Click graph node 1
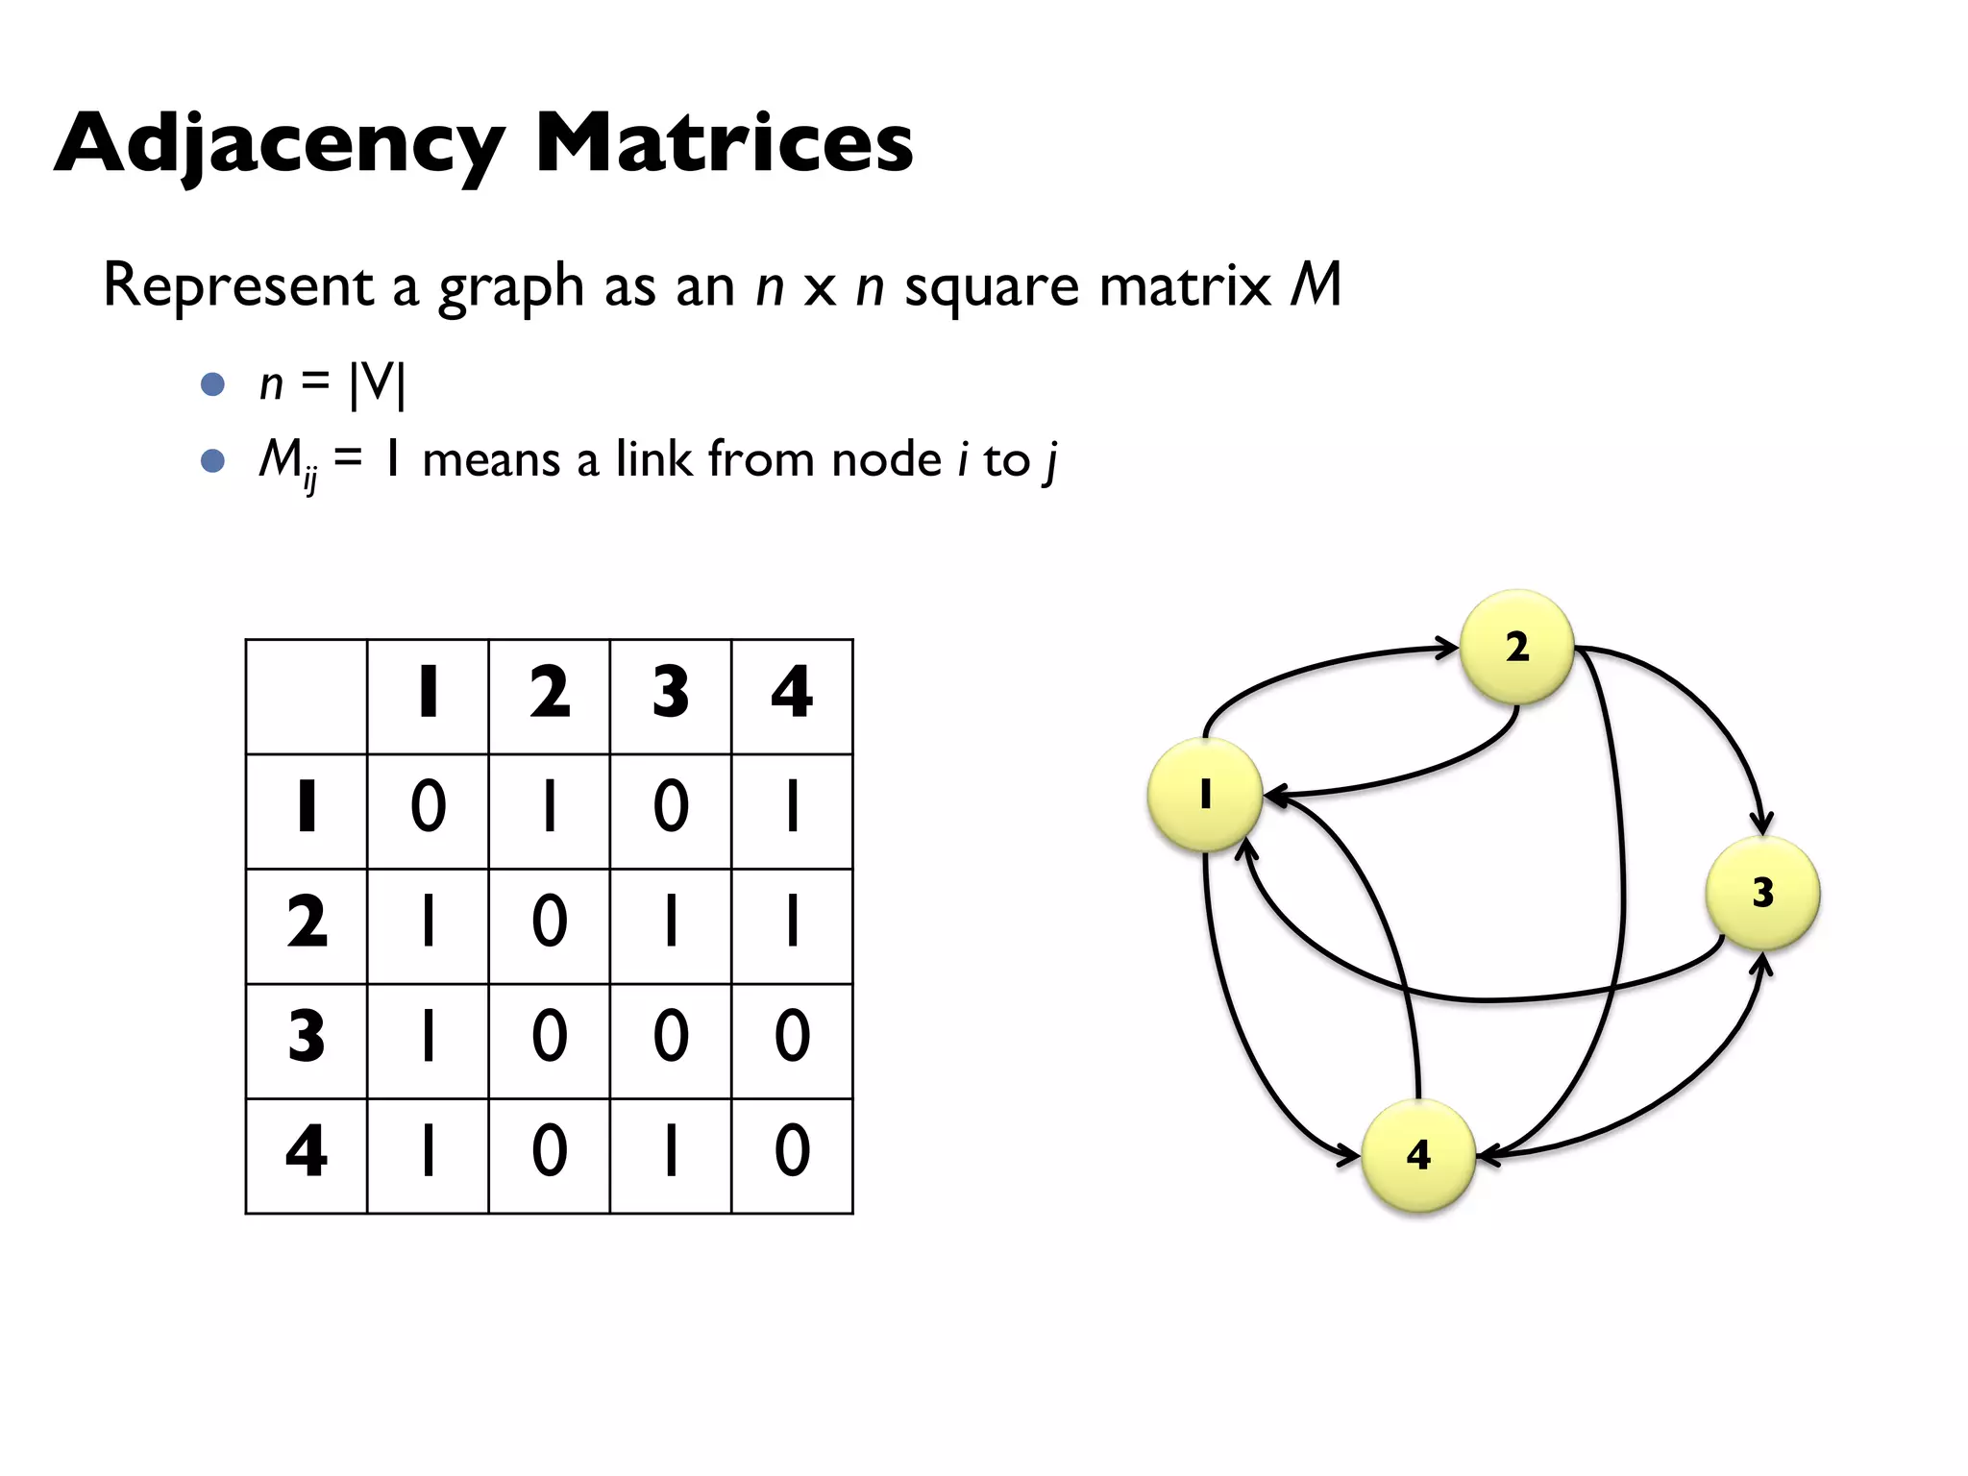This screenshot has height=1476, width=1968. [x=1205, y=795]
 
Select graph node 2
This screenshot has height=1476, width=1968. [x=1516, y=647]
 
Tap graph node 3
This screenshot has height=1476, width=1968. [x=1762, y=893]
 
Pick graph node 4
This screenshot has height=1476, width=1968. [x=1418, y=1155]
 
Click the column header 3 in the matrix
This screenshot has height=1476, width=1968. [x=671, y=694]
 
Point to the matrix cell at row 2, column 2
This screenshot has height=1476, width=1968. [x=550, y=922]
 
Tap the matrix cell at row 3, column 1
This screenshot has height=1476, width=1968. [x=429, y=1038]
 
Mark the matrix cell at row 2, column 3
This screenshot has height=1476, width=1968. [x=671, y=922]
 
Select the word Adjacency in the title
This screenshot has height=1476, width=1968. [x=279, y=144]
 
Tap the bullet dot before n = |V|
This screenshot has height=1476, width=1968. [x=212, y=384]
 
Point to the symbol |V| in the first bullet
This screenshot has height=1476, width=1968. [x=378, y=383]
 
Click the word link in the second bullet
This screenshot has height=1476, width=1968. [x=653, y=459]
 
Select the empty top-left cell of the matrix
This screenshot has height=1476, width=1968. [x=307, y=697]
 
